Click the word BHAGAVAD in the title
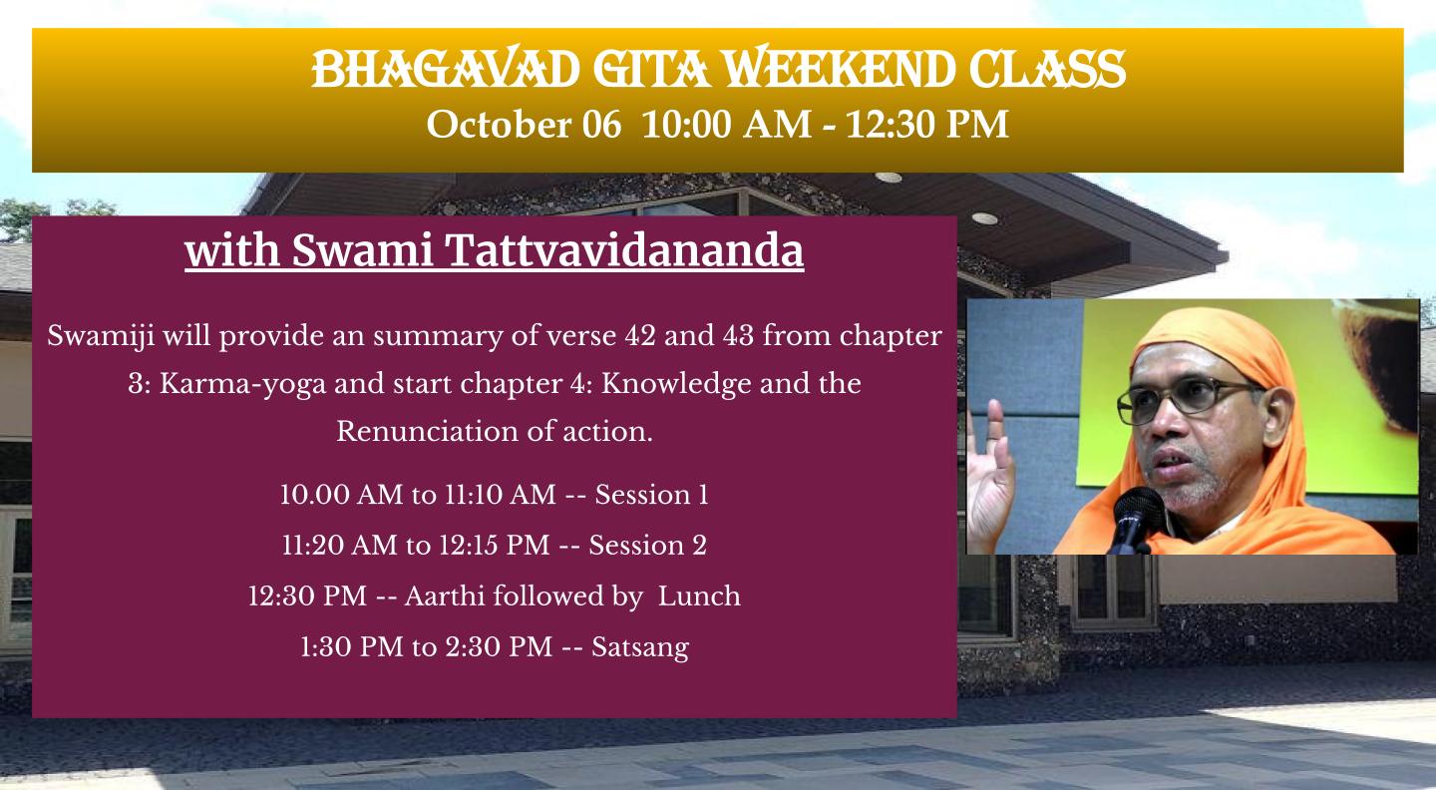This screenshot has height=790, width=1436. [x=446, y=68]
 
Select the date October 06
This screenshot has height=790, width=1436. [x=524, y=125]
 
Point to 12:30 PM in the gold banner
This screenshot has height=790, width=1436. [x=927, y=125]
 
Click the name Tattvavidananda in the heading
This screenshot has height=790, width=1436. [x=624, y=250]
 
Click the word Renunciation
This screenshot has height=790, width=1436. [x=428, y=431]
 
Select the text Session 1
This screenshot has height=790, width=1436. [x=651, y=495]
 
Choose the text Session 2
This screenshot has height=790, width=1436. [x=647, y=545]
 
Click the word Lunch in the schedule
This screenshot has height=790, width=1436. [x=699, y=595]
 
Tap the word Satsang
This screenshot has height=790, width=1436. [x=640, y=647]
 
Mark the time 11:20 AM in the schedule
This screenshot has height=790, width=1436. [x=340, y=545]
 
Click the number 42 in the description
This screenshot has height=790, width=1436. [x=640, y=335]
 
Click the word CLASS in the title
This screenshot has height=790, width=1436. [x=1047, y=68]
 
